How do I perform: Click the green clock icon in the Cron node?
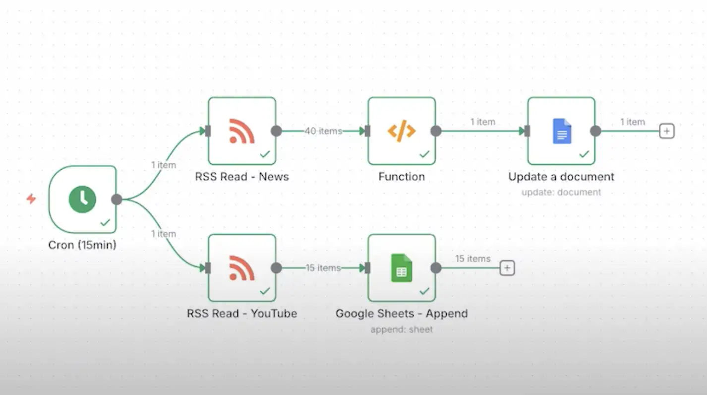click(x=82, y=199)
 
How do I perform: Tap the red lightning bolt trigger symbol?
click(x=31, y=199)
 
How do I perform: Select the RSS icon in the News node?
click(x=242, y=131)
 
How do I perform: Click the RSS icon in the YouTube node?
click(x=242, y=268)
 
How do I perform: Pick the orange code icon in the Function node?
click(x=402, y=131)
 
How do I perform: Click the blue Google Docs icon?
click(x=562, y=131)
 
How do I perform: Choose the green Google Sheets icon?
click(x=402, y=268)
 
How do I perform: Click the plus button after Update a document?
click(x=667, y=131)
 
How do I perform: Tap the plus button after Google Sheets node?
click(x=507, y=268)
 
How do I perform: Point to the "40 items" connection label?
click(x=323, y=131)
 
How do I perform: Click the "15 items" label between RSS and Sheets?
click(x=323, y=268)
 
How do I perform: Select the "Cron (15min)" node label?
click(x=82, y=245)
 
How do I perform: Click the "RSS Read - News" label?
click(x=242, y=177)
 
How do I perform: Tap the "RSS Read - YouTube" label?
click(x=242, y=314)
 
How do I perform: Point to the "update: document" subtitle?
click(x=561, y=192)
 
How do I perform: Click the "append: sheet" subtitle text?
click(x=402, y=329)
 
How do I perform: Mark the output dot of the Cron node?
click(x=117, y=199)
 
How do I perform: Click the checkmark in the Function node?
click(x=424, y=154)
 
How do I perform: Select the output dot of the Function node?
click(x=436, y=131)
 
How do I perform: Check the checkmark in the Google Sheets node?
click(x=424, y=291)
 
